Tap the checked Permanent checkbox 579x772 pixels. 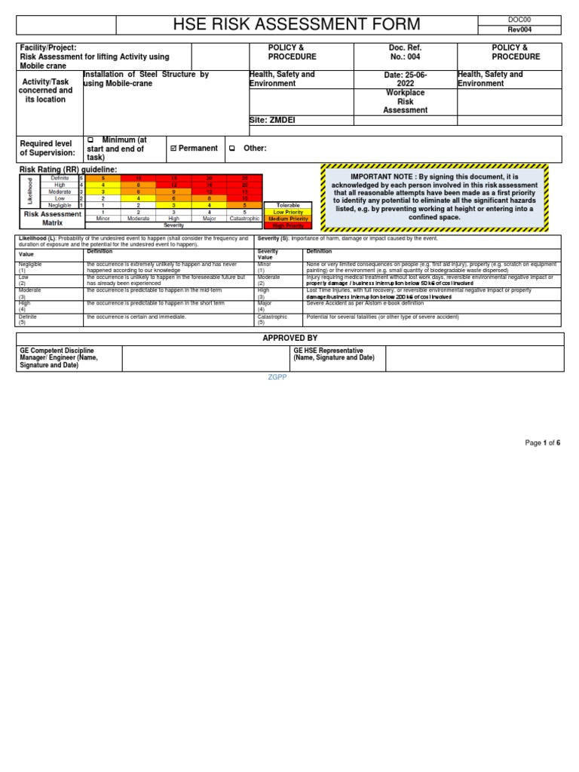coord(173,149)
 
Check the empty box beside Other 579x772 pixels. coord(232,149)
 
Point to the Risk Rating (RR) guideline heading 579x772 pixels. coord(68,170)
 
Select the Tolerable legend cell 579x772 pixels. coord(287,205)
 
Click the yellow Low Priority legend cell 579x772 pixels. coord(287,212)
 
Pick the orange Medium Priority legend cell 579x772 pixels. coord(287,219)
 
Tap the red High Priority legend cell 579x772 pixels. coord(287,225)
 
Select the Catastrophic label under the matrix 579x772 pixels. coord(244,219)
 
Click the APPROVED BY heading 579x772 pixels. coord(289,339)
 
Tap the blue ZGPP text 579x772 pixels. coord(277,377)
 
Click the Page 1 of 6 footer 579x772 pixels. coord(542,443)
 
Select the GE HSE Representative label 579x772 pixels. coord(328,351)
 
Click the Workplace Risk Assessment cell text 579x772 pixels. coord(405,101)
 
